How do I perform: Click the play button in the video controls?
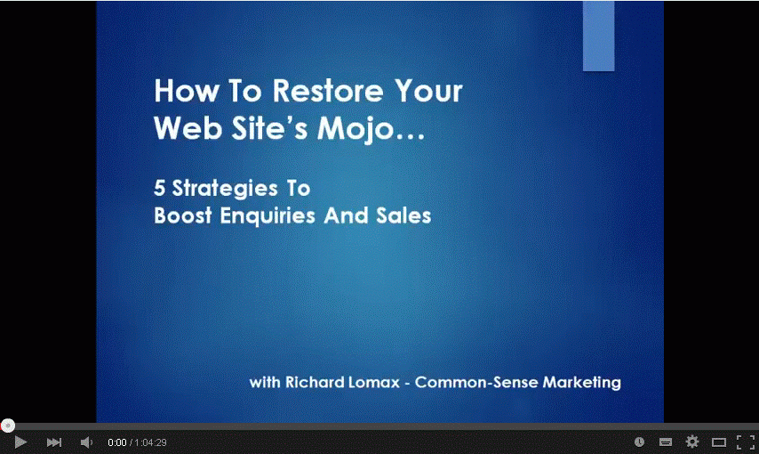20,442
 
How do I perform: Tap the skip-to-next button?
53,442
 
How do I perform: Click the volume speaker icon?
86,442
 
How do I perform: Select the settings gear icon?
692,442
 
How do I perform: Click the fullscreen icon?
746,442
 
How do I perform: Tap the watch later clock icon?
639,442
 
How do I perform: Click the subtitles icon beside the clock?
666,442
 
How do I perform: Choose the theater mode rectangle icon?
719,442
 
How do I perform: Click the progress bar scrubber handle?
8,426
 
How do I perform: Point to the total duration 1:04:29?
150,442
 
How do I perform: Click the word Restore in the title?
328,91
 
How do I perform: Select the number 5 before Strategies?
159,188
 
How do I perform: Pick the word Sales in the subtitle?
403,215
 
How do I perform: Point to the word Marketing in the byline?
581,383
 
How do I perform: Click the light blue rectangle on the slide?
598,36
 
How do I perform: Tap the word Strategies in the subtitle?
225,189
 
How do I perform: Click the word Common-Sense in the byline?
476,382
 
